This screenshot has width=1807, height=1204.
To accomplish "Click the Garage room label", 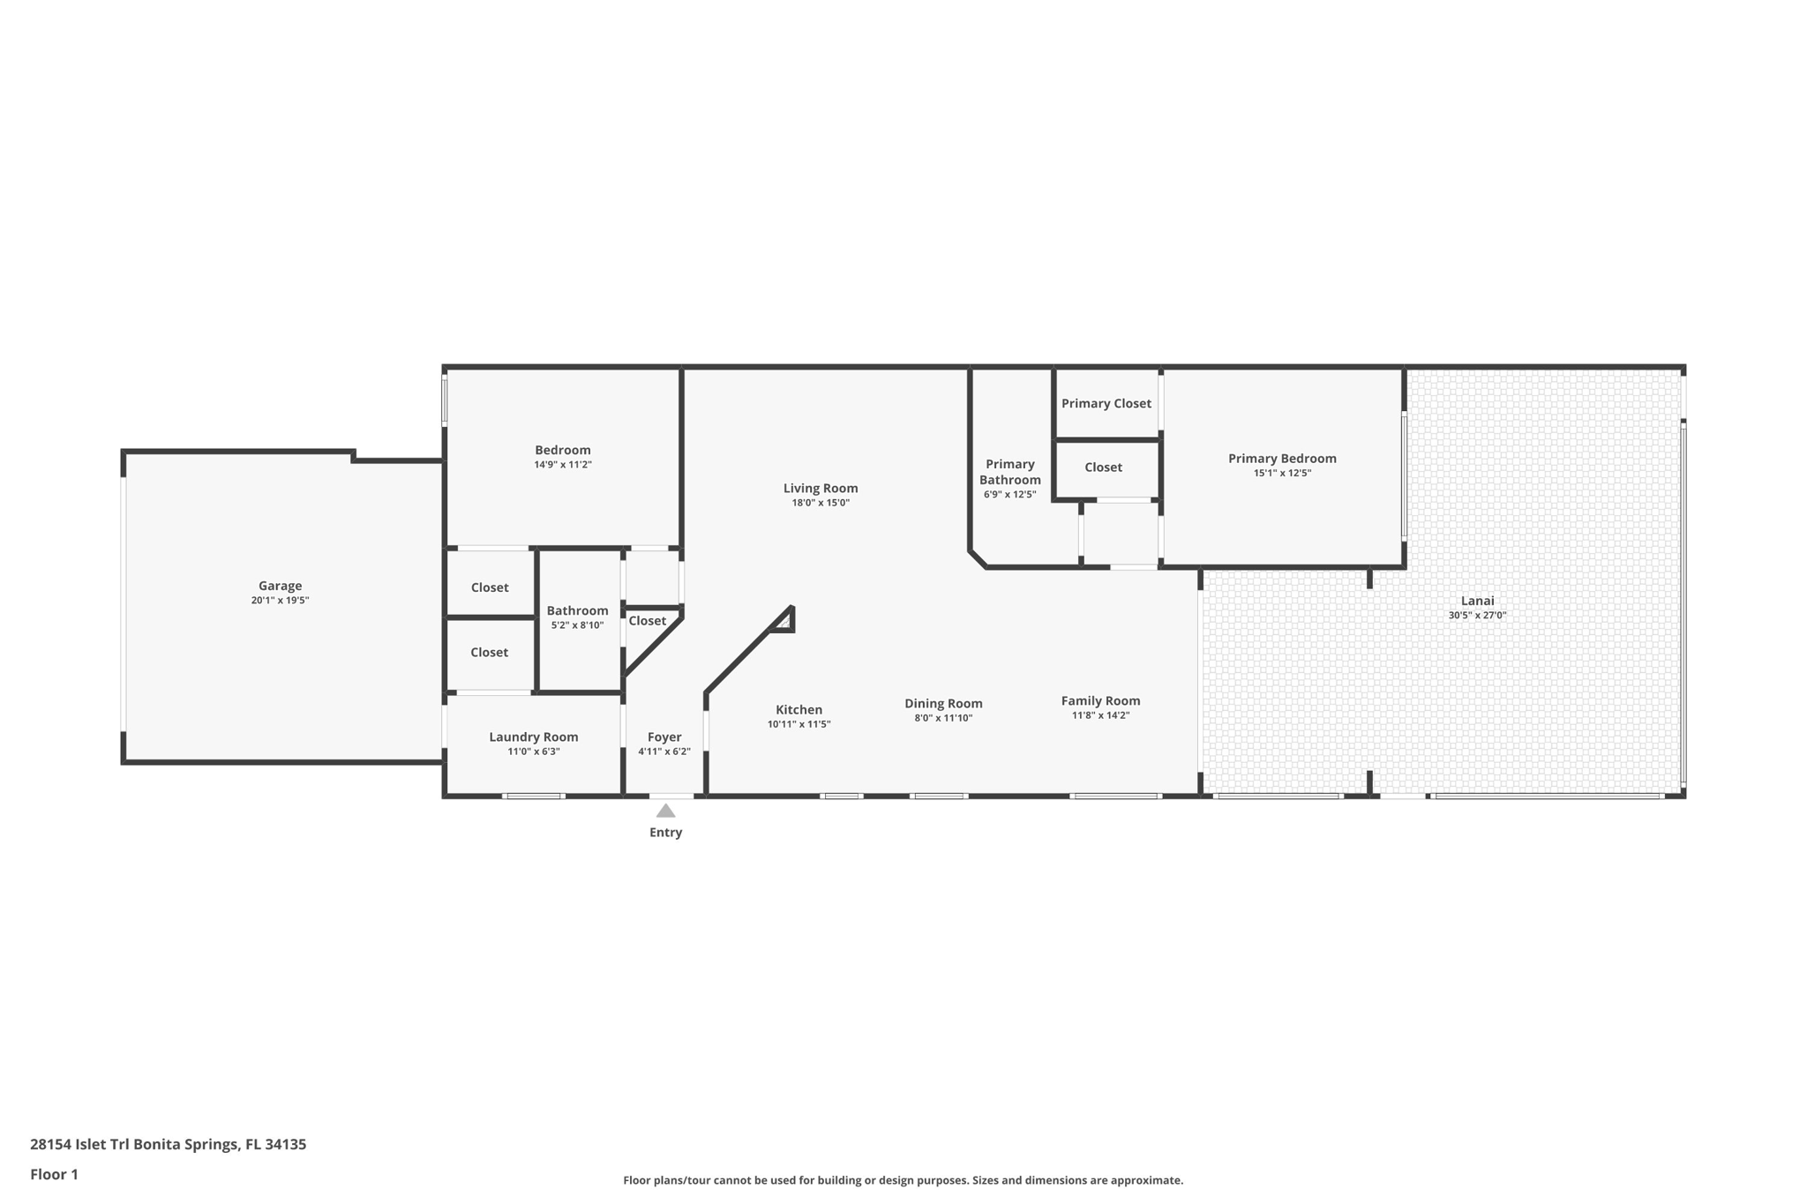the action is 280,586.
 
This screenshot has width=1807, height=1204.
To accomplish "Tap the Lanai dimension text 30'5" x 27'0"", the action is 1477,616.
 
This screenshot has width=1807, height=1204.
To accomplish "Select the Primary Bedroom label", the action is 1282,459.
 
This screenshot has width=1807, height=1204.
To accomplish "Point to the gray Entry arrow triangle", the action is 666,811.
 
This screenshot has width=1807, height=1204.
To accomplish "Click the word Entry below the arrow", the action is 666,833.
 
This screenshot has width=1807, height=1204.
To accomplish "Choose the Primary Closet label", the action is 1106,404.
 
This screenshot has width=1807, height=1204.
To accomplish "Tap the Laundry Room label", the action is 534,737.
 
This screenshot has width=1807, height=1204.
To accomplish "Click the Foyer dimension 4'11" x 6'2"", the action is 664,752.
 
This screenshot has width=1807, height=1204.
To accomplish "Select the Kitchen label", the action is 799,710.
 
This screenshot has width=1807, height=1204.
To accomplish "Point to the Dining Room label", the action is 943,704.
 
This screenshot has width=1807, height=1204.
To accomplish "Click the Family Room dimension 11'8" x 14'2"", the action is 1100,715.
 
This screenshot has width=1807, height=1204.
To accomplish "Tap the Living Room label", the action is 821,489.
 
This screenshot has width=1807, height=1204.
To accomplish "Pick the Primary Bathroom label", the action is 1010,472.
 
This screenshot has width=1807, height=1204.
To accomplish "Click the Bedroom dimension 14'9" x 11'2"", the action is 563,465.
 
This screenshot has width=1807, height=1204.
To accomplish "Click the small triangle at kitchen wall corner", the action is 783,622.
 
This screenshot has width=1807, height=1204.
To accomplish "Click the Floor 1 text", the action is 54,1174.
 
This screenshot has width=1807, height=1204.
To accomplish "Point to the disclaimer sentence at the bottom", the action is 903,1180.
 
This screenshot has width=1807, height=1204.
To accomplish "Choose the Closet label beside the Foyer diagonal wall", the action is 648,621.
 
